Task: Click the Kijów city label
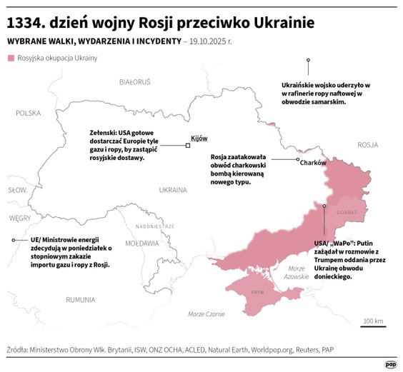click(199, 138)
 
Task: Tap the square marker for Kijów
click(187, 145)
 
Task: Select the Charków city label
click(313, 163)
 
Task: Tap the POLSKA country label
click(29, 113)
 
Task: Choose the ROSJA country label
click(367, 144)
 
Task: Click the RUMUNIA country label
click(79, 299)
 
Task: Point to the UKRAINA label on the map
click(172, 190)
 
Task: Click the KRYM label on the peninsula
click(258, 293)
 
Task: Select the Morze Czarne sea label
click(206, 314)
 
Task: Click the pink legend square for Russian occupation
click(11, 57)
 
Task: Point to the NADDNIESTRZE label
click(154, 226)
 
